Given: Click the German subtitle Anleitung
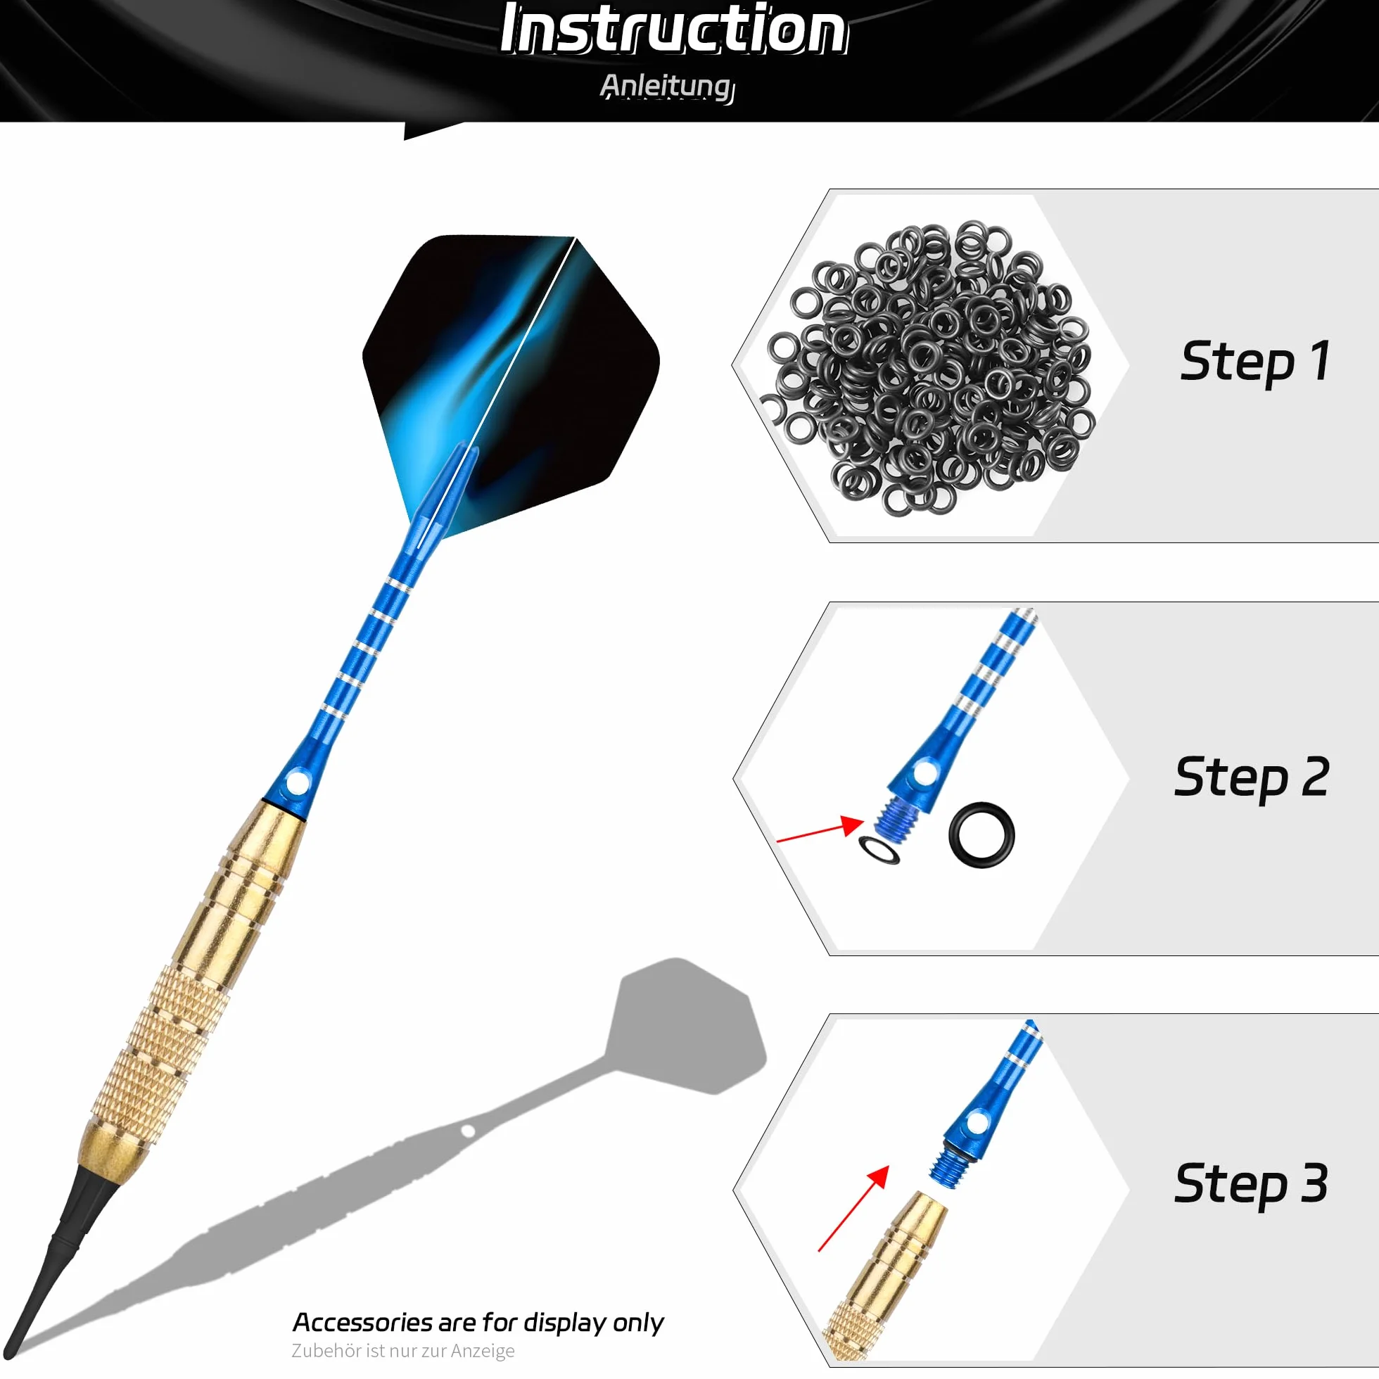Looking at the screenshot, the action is (x=668, y=87).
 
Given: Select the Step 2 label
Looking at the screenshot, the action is (x=1252, y=777).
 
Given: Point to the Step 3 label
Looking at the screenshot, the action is (x=1251, y=1184).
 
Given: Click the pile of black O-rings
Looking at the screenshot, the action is (x=928, y=368).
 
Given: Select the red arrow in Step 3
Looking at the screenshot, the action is (x=853, y=1209).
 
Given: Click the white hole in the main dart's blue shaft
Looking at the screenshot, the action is (x=297, y=784).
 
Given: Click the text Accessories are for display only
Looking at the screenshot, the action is (x=478, y=1323).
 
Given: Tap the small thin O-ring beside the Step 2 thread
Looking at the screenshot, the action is (x=879, y=849).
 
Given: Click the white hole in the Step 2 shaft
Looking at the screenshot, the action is (x=924, y=773).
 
